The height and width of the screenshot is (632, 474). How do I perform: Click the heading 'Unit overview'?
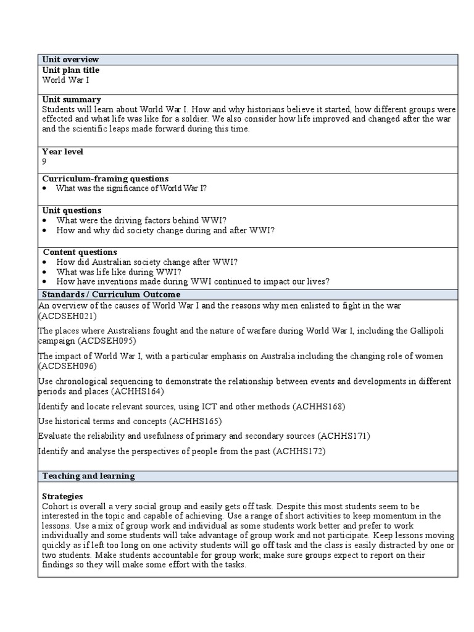click(x=70, y=59)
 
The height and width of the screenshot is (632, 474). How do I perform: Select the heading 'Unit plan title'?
click(x=70, y=70)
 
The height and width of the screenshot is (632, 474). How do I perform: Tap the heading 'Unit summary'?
click(x=72, y=99)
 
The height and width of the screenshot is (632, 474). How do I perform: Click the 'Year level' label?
click(x=62, y=151)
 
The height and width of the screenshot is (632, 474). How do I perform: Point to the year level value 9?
click(x=44, y=161)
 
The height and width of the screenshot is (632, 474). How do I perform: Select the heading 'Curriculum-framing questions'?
click(x=105, y=178)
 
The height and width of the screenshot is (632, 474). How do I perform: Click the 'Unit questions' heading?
click(x=72, y=210)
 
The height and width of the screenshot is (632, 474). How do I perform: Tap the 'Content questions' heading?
click(x=80, y=252)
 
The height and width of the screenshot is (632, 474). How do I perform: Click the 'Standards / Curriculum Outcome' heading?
click(x=111, y=294)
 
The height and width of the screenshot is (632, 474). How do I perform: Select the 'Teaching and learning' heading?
click(x=88, y=476)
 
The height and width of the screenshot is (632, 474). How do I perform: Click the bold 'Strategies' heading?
click(x=62, y=496)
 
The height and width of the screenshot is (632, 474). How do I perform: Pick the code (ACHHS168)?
click(x=319, y=406)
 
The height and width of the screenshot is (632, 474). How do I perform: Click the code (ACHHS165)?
click(x=196, y=421)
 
